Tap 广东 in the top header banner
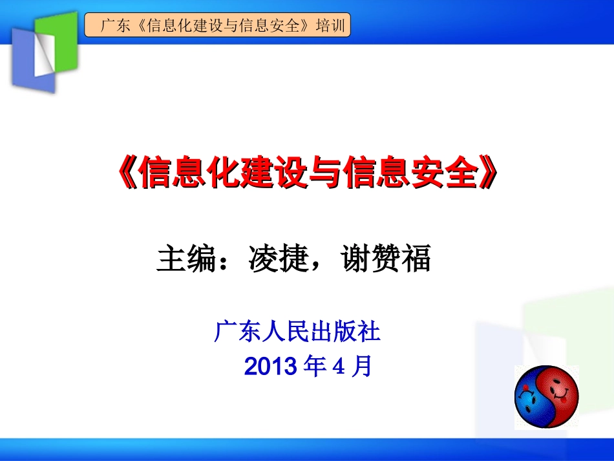coord(111,27)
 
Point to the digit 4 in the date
coord(339,367)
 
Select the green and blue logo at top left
coord(43,50)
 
